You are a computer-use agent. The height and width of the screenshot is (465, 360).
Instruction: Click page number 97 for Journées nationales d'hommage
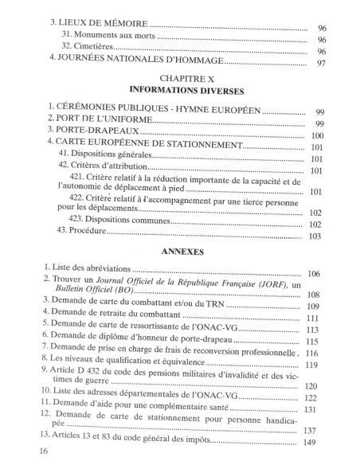321,64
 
